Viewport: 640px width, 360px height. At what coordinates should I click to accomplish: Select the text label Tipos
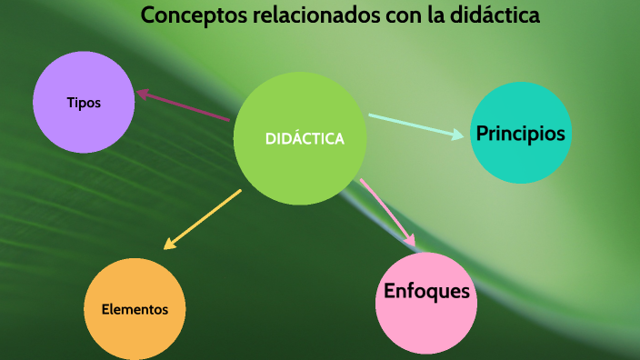(84, 103)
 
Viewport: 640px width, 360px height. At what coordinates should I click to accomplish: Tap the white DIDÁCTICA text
(305, 139)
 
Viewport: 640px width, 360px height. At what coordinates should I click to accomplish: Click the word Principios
(521, 134)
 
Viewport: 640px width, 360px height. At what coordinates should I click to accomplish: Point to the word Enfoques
(426, 292)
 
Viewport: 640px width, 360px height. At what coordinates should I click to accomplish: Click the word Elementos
(135, 309)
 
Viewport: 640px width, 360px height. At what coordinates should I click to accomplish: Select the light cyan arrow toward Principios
(414, 125)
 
